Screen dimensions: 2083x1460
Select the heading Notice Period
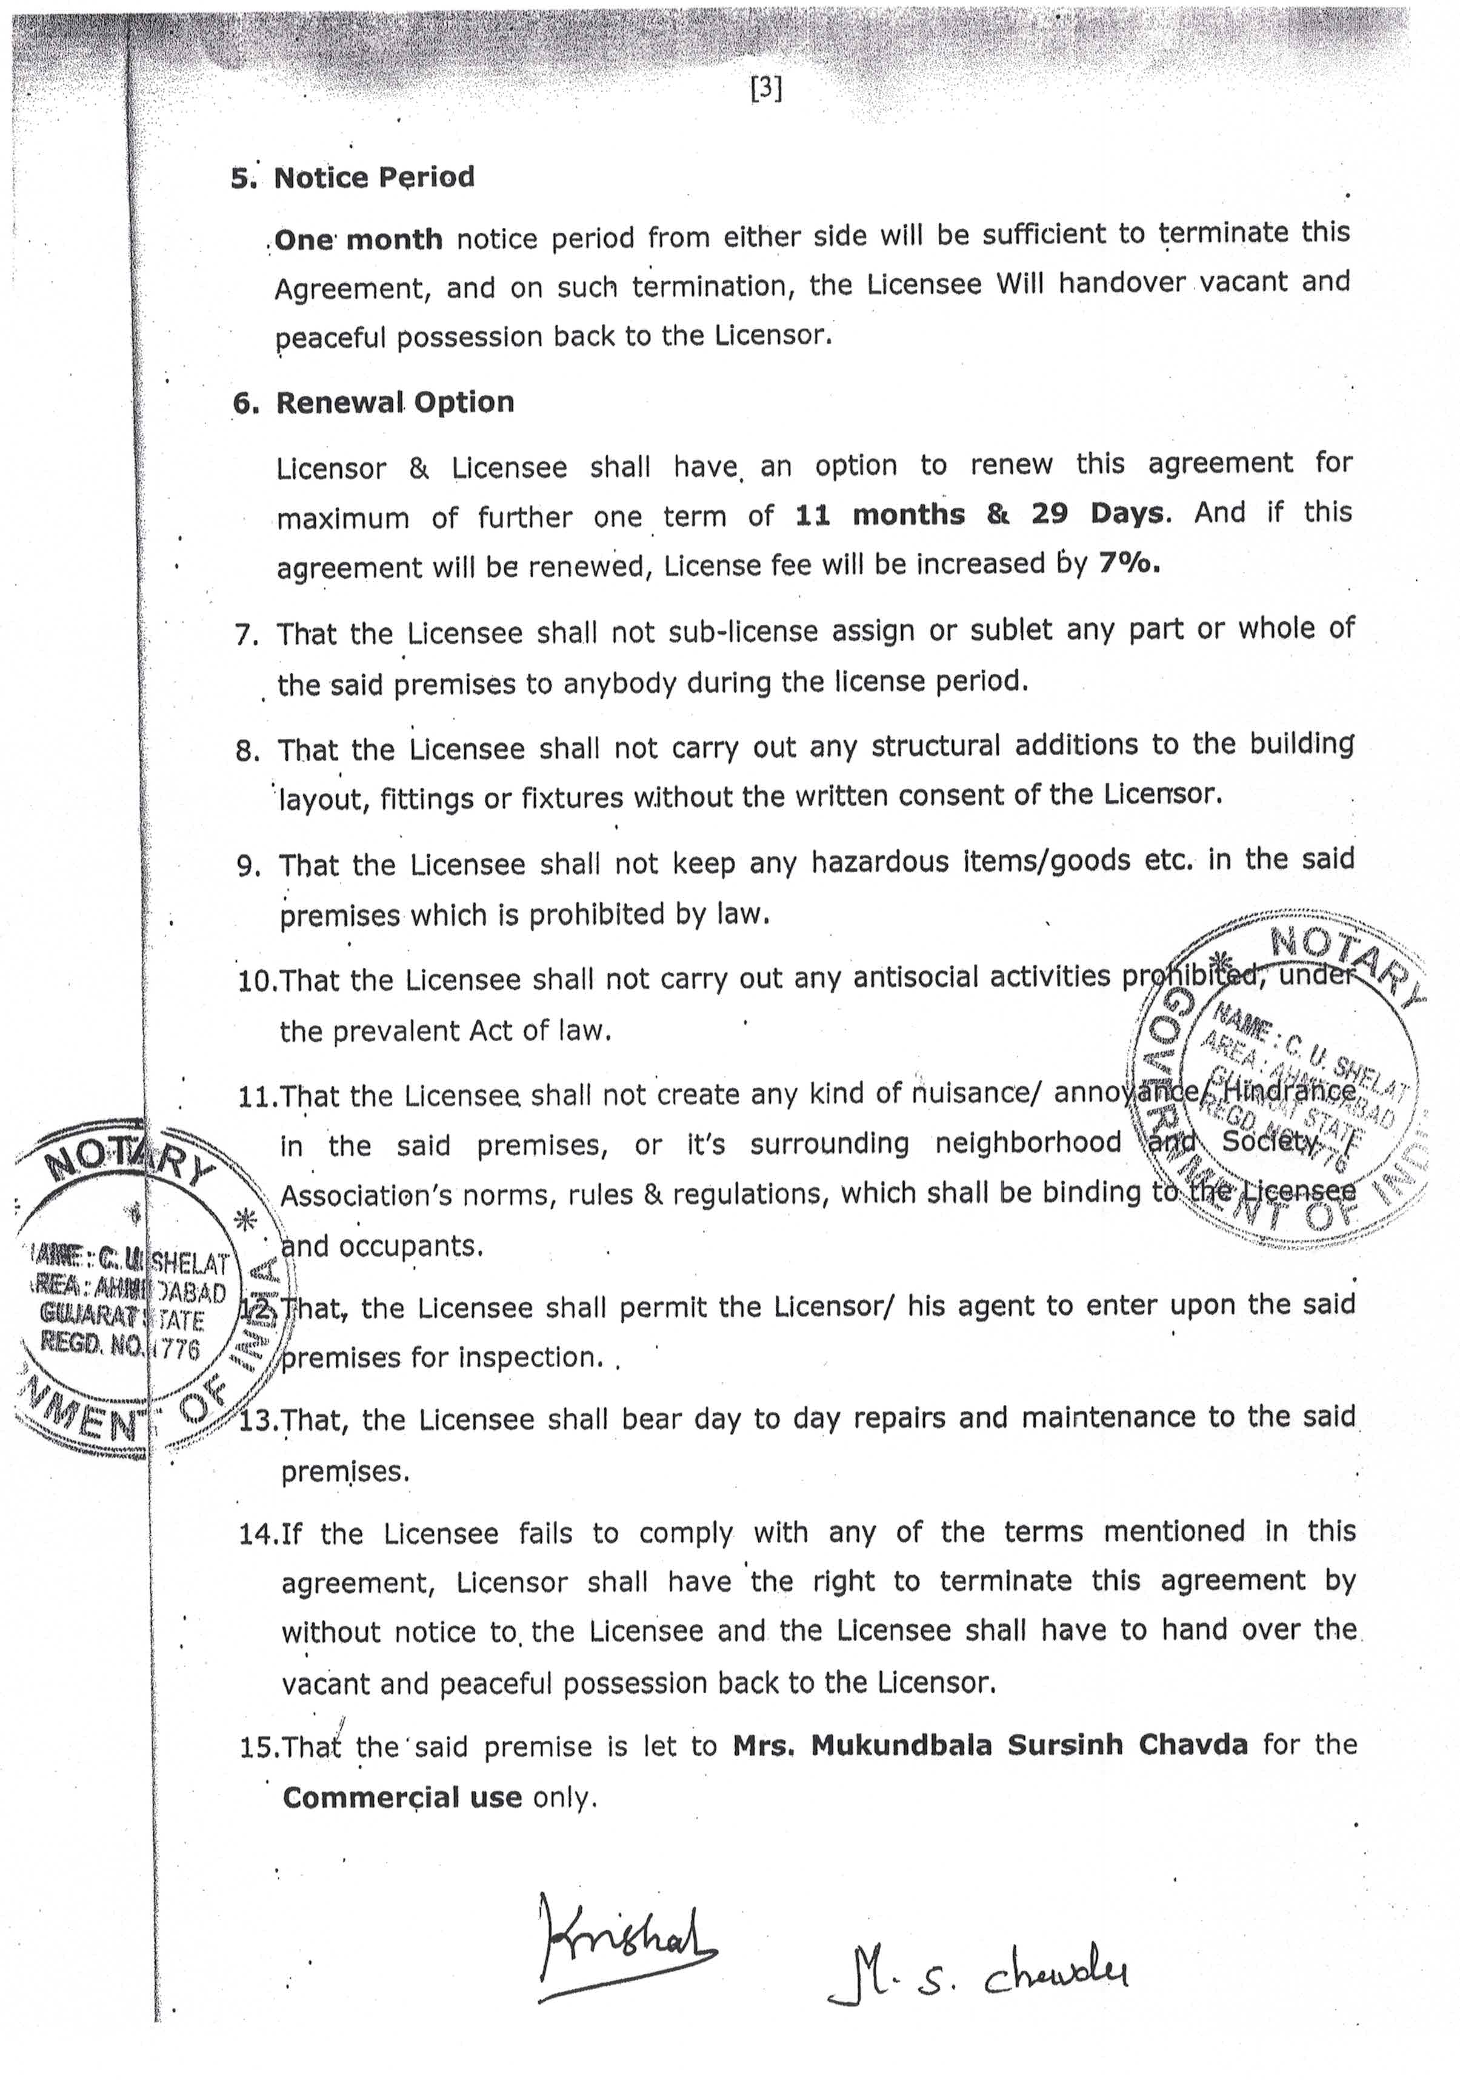point(374,177)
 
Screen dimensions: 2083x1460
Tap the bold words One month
point(358,239)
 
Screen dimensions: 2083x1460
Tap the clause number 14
point(257,1534)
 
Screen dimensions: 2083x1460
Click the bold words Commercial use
point(402,1797)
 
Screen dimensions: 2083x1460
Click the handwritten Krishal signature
point(626,1946)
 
